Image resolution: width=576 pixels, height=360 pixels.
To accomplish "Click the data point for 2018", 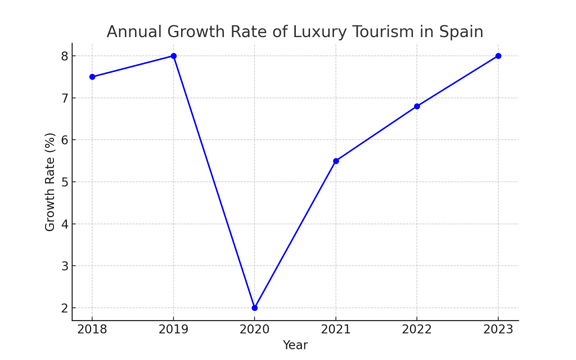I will pos(92,76).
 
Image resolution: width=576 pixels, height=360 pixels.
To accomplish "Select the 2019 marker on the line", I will pos(174,56).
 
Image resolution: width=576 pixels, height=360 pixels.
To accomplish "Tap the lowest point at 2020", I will pos(255,308).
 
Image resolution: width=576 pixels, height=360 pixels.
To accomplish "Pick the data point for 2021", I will pos(336,161).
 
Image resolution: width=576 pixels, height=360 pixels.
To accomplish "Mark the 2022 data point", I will pos(417,106).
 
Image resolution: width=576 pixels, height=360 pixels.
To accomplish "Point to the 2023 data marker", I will pos(498,56).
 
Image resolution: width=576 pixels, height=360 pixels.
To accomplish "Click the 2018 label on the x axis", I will pos(92,330).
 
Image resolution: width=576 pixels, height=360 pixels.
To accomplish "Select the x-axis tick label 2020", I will pos(255,330).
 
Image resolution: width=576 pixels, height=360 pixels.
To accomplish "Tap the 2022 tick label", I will pos(417,330).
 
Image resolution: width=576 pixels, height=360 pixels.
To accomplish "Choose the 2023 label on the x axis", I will pos(498,330).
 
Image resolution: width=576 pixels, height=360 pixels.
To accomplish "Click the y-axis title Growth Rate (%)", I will pos(51,182).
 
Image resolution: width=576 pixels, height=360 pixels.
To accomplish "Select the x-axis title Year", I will pos(295,345).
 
